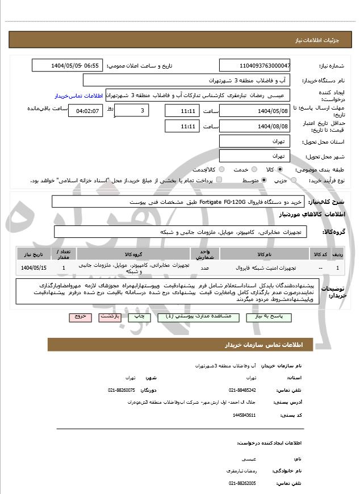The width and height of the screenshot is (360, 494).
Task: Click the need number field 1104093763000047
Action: click(x=254, y=65)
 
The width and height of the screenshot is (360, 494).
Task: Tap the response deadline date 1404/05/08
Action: click(x=254, y=110)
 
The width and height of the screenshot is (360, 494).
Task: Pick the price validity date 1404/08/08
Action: click(x=254, y=126)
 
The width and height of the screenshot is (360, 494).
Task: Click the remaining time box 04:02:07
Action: click(x=86, y=110)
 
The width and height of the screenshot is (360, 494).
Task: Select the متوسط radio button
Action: click(x=264, y=180)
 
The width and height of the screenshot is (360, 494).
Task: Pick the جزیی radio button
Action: click(x=293, y=180)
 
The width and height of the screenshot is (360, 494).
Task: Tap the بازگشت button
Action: click(x=111, y=317)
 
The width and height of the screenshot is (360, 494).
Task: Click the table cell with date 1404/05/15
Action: click(x=34, y=267)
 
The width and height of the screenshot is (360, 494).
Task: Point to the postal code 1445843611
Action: click(x=244, y=415)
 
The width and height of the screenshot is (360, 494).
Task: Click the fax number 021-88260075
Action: click(x=122, y=390)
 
